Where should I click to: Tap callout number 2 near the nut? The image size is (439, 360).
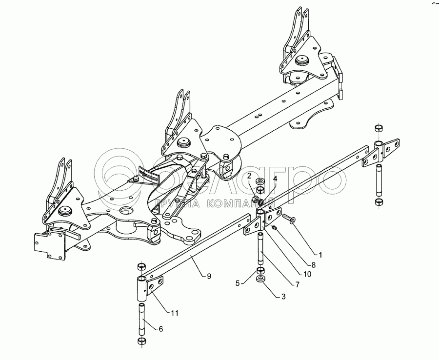tap(249, 175)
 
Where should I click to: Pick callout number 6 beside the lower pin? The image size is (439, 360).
tap(160, 329)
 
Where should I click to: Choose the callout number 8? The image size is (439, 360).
tap(314, 264)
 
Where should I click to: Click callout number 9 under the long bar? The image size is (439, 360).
tap(209, 276)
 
